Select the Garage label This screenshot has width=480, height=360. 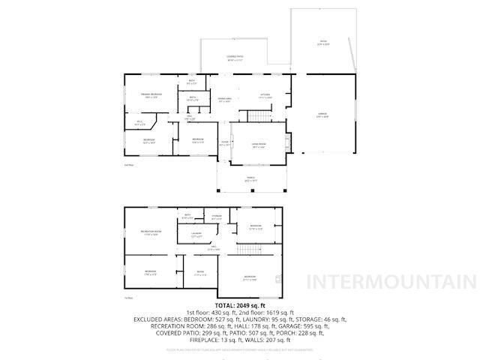coord(322,115)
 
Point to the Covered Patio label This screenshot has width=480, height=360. coord(235,58)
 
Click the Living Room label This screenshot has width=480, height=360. coord(259,146)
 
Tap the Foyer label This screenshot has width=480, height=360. coord(224,142)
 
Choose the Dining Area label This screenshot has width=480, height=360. coord(224,100)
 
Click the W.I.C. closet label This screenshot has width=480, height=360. coord(140,122)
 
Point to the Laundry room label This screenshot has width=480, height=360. coord(196,235)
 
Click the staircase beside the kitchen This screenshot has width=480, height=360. coord(259,115)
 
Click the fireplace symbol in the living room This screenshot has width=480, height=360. coord(288,139)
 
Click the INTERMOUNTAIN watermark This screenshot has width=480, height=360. coord(391,282)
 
